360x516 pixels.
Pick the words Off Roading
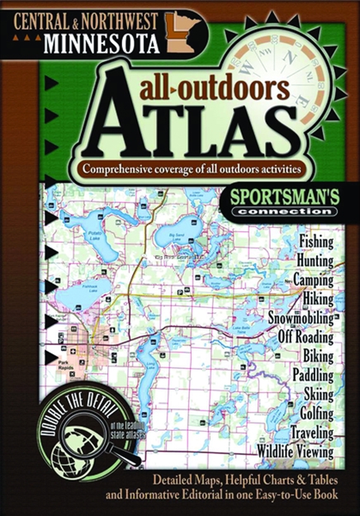(301, 336)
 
